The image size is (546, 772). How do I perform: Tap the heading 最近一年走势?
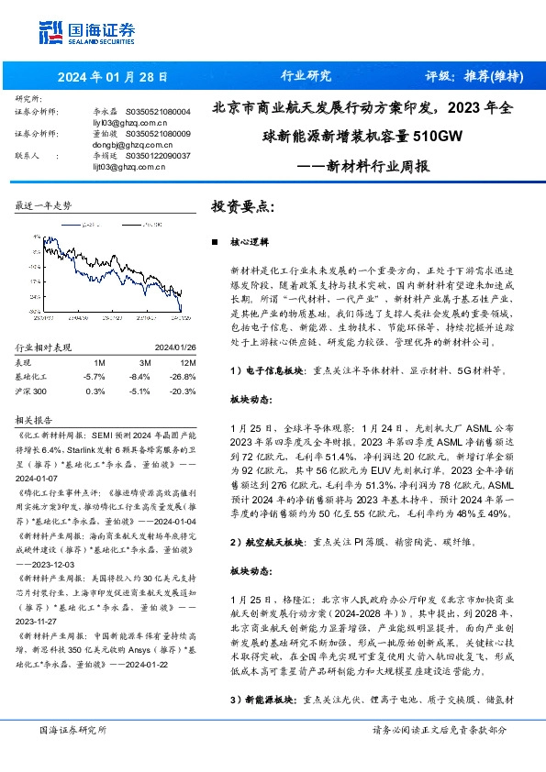pyautogui.click(x=43, y=206)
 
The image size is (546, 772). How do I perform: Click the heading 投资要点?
pyautogui.click(x=243, y=206)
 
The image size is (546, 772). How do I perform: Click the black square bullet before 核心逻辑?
pyautogui.click(x=214, y=244)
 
